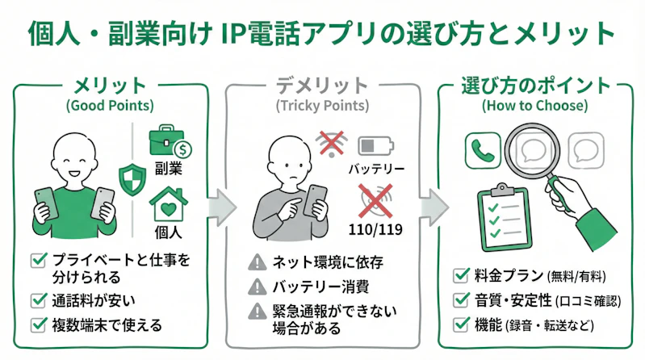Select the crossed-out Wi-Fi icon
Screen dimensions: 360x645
point(332,143)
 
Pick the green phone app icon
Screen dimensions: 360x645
point(483,149)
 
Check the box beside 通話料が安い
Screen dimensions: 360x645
point(38,300)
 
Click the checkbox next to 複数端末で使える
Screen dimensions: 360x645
point(38,325)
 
